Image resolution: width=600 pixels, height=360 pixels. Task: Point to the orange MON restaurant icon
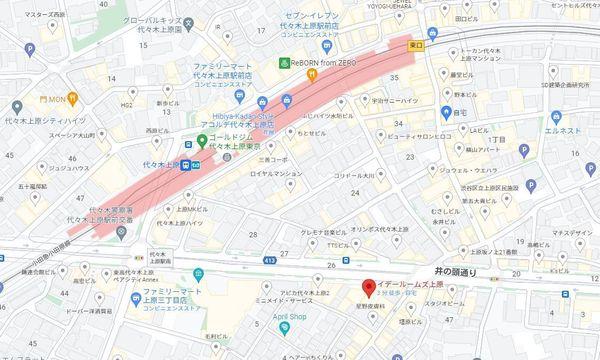coord(44,100)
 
